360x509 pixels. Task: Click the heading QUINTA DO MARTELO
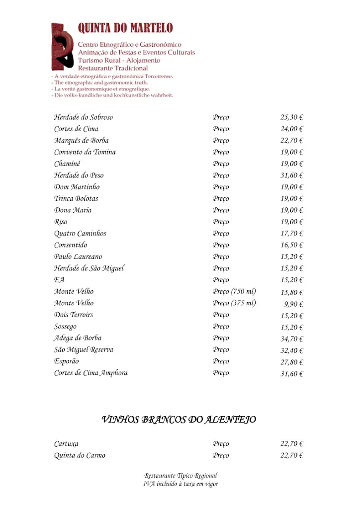click(125, 29)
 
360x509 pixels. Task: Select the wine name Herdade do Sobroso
click(84, 117)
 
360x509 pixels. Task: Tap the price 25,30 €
click(292, 118)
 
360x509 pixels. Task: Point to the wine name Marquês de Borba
click(82, 141)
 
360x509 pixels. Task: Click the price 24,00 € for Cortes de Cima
click(292, 129)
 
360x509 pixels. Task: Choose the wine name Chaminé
click(67, 164)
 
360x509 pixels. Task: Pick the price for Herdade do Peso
click(292, 175)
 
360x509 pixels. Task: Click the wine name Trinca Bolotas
click(76, 199)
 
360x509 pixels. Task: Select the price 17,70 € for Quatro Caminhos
click(292, 234)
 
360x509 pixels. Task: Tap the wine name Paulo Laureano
click(78, 257)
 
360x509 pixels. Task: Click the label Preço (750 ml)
click(234, 292)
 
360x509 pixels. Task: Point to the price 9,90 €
click(294, 304)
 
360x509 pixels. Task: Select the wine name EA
click(59, 280)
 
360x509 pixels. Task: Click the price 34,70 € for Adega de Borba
click(292, 339)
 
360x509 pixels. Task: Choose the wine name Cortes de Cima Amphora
click(91, 373)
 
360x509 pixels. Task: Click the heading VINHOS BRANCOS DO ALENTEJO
click(179, 420)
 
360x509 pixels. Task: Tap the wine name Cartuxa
click(66, 444)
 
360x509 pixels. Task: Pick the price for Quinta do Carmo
click(292, 456)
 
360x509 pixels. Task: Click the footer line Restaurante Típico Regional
click(181, 476)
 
